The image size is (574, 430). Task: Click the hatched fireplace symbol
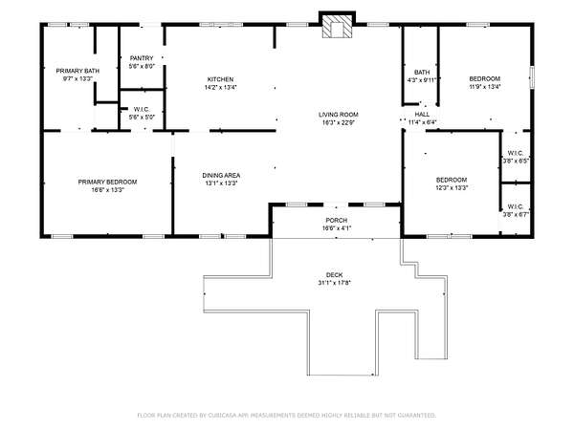pos(337,27)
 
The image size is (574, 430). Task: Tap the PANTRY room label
pos(142,58)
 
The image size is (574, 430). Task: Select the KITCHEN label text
pos(220,79)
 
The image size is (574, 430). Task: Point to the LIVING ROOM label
pos(339,115)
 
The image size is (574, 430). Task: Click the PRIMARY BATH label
pos(77,71)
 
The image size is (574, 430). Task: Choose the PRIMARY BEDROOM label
pos(107,182)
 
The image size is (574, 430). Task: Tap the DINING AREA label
pos(221,176)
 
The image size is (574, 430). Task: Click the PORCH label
pos(337,220)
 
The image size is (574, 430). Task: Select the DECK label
pos(335,275)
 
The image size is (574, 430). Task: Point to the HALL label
pos(422,115)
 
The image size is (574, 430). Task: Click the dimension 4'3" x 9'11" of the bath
pos(422,80)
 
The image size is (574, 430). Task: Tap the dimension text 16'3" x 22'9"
pos(339,122)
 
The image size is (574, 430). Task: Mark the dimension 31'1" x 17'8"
pos(335,283)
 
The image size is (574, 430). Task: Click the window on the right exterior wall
pos(532,76)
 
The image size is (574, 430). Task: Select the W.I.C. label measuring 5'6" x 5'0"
pos(142,109)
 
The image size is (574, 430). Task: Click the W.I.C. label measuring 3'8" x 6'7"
pos(516,206)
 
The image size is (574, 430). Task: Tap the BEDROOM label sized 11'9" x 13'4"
pos(485,78)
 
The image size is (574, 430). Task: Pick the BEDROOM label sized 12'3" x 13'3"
pos(452,180)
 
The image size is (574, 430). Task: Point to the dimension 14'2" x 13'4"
pos(220,87)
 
